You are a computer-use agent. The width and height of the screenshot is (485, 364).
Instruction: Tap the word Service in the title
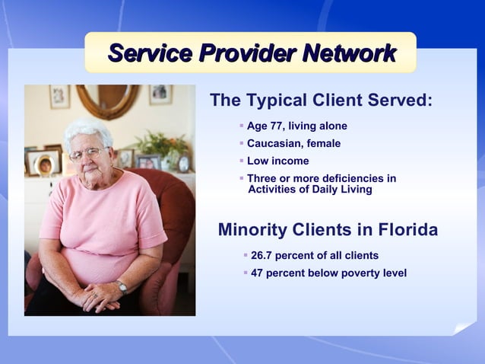150,53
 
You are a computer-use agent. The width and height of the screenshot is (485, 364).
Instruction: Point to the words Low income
277,161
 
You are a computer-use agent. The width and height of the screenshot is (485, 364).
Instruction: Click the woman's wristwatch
122,286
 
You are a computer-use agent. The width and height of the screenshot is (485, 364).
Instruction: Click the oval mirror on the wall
108,99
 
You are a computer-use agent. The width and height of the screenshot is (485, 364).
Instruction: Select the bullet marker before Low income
241,160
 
